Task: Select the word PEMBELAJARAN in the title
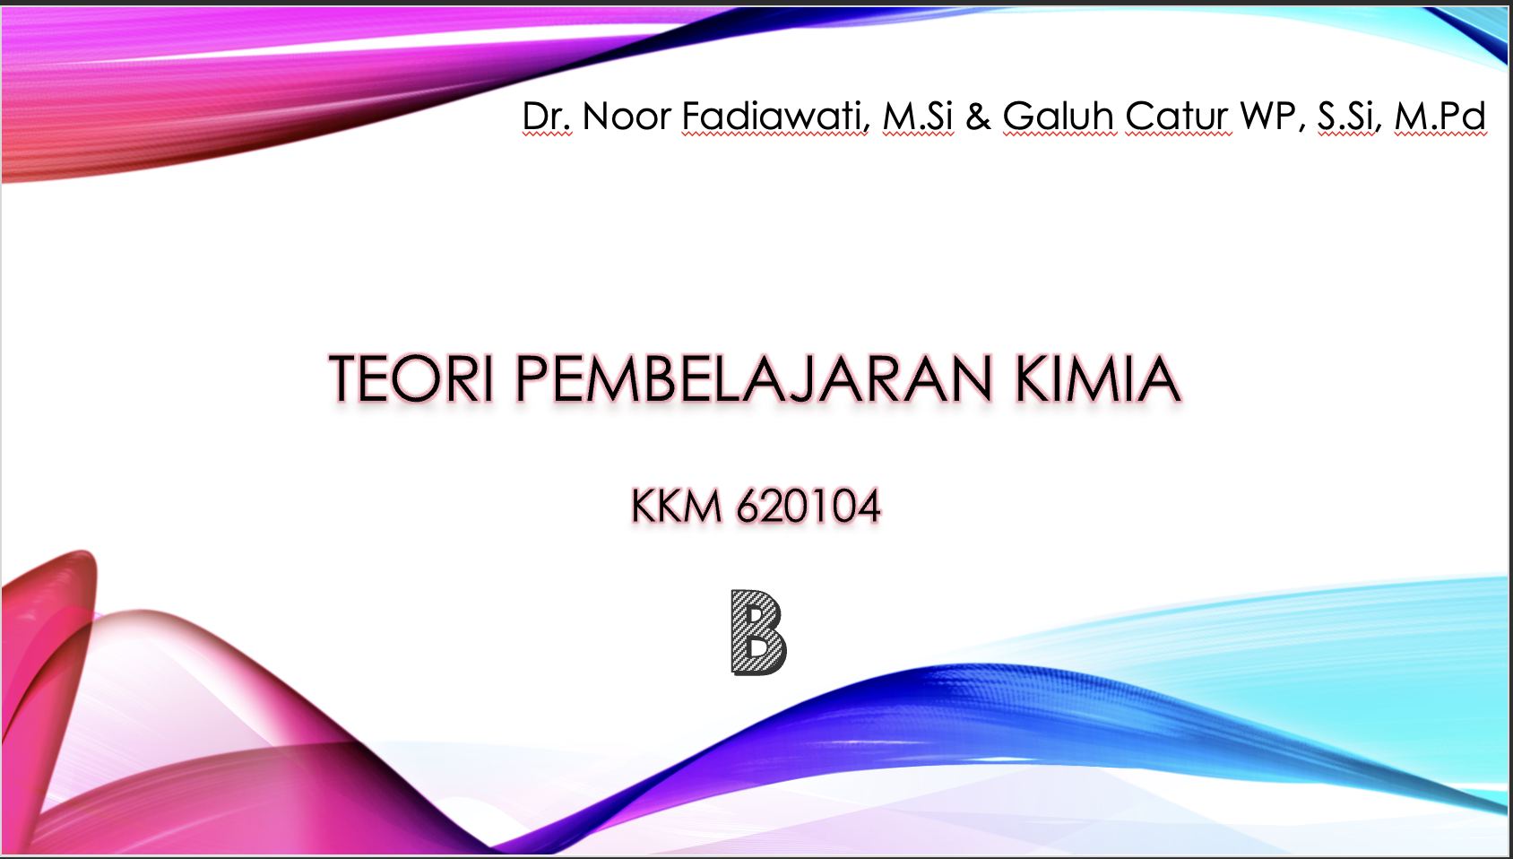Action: pos(754,378)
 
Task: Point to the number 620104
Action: pos(808,506)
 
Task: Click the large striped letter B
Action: pos(758,632)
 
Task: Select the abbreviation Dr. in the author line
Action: pos(547,116)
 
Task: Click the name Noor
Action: pos(627,116)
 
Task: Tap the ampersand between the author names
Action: pos(978,116)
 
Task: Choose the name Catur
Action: pos(1178,116)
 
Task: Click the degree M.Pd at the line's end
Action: pos(1440,116)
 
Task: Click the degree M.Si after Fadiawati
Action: pos(918,116)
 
